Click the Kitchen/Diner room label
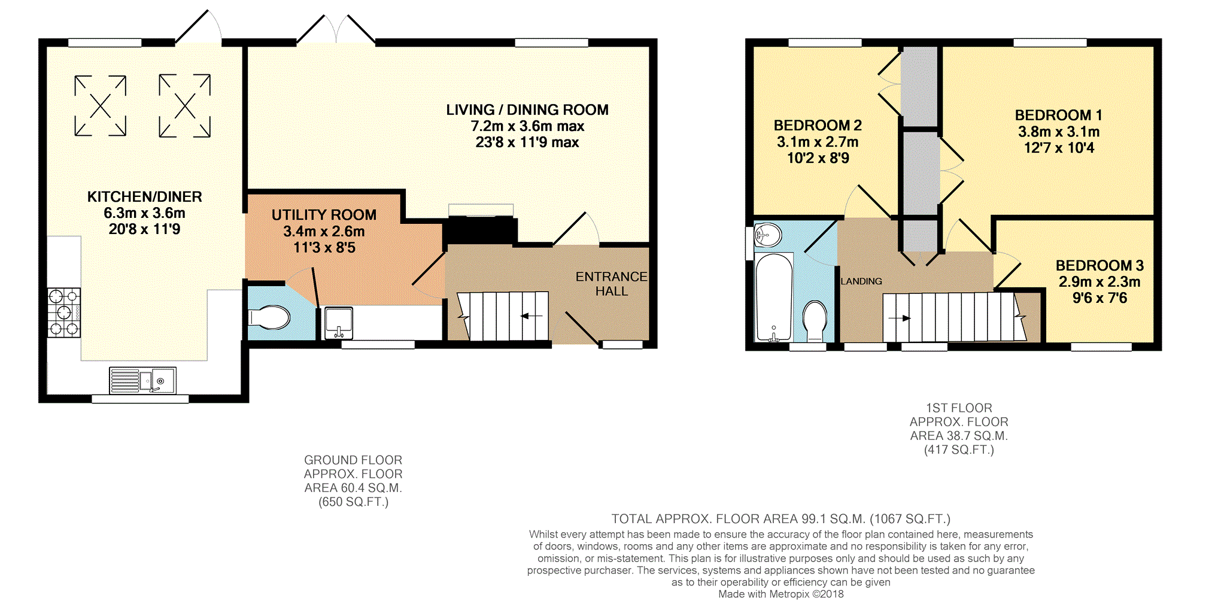145,197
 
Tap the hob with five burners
64,312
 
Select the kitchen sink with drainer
142,380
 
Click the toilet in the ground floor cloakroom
269,318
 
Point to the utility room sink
339,323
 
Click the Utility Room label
324,215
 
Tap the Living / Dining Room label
527,110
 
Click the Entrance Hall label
612,284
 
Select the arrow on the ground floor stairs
531,316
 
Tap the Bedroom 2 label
818,126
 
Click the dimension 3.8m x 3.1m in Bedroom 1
1059,132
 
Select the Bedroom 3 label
1099,266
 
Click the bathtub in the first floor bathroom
774,297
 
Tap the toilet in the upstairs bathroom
815,321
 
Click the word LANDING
861,281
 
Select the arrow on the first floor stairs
900,318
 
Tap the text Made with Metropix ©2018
781,594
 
